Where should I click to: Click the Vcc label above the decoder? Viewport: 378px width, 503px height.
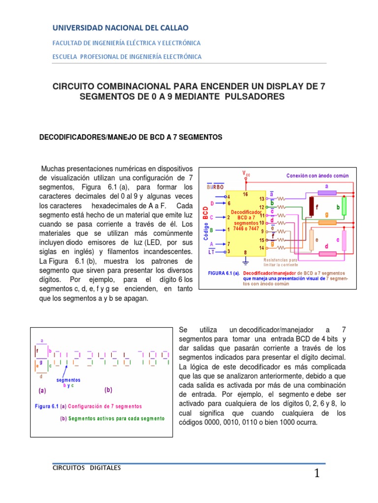pos(246,173)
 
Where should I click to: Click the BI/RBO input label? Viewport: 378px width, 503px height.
pos(215,187)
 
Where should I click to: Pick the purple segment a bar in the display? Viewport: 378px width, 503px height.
pos(326,193)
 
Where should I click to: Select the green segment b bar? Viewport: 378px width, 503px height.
pos(345,208)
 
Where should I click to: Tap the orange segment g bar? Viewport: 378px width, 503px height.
pos(326,222)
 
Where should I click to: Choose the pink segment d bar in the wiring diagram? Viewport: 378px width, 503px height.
pos(327,253)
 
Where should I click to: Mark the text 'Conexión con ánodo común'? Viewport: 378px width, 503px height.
pos(317,175)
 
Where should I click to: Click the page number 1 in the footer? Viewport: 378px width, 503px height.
pos(317,475)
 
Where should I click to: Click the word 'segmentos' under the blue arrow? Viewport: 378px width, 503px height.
pos(68,380)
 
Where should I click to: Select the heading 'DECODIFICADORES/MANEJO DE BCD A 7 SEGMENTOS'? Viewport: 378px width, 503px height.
pos(131,138)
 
